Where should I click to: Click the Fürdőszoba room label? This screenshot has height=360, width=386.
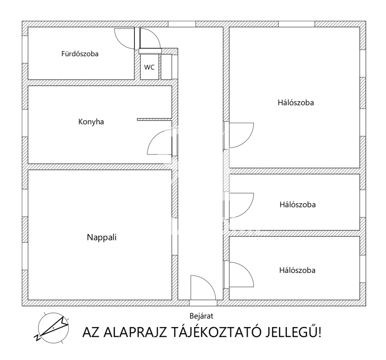80,54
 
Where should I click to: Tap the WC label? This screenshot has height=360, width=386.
149,67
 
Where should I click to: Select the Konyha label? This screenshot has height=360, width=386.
91,122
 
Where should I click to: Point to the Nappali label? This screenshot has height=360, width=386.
102,237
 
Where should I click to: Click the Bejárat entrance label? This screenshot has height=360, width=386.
202,316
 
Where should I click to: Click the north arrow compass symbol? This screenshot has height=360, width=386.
53,328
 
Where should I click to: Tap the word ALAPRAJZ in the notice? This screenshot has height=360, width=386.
135,332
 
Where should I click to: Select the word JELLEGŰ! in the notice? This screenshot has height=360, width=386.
293,332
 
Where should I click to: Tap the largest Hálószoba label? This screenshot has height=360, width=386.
296,102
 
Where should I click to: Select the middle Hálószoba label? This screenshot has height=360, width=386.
297,204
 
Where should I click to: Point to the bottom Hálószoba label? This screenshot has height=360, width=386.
297,270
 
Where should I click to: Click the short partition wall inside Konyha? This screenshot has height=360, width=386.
155,120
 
